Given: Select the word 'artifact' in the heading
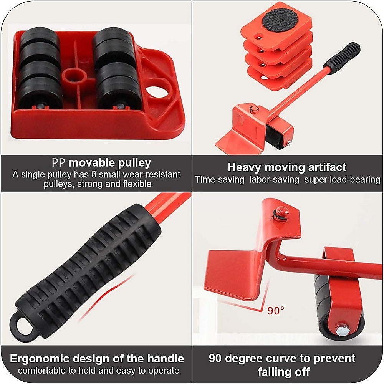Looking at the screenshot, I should point(327,167).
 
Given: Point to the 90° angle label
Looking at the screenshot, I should point(276,310).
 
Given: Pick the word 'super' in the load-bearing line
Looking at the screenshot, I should point(317,180).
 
